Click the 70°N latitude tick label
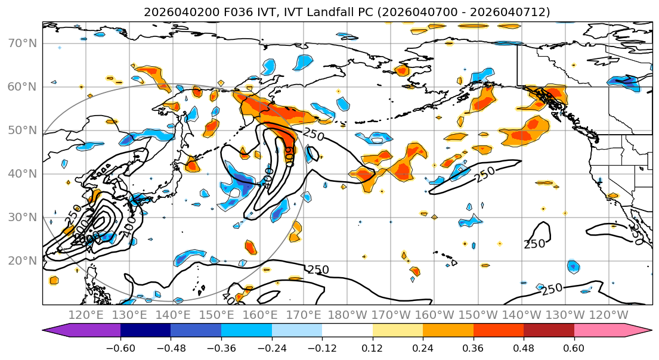point(22,43)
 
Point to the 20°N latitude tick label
point(22,260)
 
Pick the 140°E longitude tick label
point(173,315)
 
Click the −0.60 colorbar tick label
point(120,347)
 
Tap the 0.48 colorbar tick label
point(524,347)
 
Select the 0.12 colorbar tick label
point(372,347)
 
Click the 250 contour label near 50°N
point(313,135)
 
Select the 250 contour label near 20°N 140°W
point(534,244)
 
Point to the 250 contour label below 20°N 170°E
point(318,270)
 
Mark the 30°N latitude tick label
point(22,217)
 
